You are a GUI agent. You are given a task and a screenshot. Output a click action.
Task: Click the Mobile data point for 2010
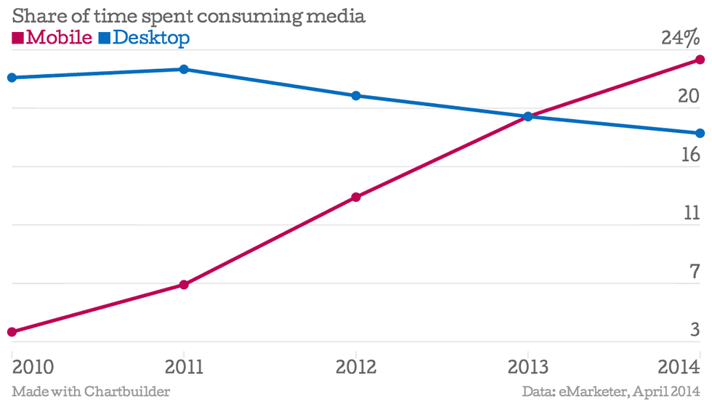pos(12,332)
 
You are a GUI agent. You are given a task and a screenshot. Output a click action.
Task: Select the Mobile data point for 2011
pos(184,285)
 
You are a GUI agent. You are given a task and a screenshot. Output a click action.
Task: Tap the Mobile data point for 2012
pos(356,197)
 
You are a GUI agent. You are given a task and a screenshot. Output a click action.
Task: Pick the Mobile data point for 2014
pos(700,60)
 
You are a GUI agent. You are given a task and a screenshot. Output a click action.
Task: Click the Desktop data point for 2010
pos(12,77)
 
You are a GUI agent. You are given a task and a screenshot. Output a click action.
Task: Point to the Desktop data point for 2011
pos(184,69)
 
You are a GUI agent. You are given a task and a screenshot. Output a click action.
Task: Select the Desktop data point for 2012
pos(356,96)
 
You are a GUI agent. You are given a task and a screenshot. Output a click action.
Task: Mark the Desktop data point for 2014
pos(700,133)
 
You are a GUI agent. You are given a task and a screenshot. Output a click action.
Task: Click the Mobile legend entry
pos(52,38)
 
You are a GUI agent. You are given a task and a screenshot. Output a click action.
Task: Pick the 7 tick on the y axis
pos(694,272)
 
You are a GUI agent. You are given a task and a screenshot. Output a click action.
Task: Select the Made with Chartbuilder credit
pos(91,392)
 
